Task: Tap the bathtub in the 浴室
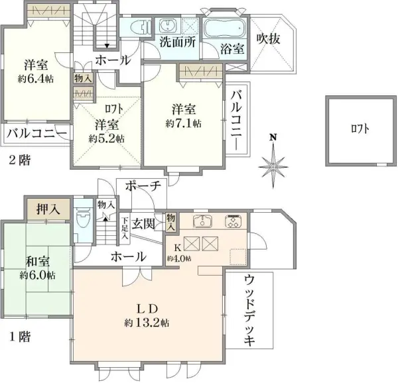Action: coord(224,28)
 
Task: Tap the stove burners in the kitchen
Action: coord(234,221)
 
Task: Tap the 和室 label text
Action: coord(36,260)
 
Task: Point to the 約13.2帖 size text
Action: coord(146,323)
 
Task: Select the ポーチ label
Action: coord(141,187)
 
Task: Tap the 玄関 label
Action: coord(144,223)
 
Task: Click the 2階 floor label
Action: coord(18,160)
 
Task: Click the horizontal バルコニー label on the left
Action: coord(36,133)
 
